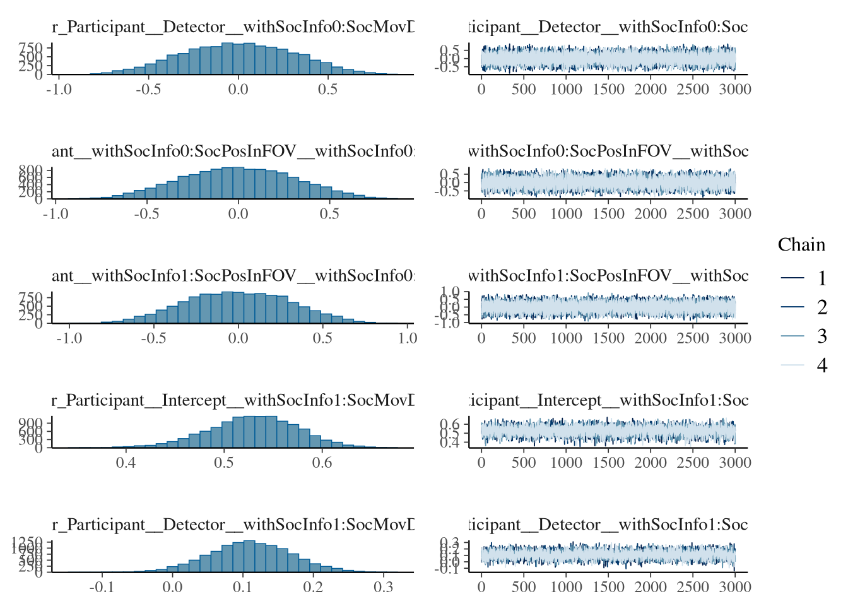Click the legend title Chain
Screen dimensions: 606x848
[801, 245]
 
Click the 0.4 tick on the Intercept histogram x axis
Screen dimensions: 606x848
[126, 463]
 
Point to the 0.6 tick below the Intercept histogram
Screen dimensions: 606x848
[322, 463]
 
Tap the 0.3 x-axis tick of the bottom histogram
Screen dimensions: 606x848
[383, 587]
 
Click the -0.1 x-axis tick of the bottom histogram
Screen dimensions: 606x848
[102, 587]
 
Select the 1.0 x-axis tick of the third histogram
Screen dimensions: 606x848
[408, 338]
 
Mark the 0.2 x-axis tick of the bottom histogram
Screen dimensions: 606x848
[313, 587]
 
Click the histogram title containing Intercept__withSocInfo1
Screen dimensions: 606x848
[233, 400]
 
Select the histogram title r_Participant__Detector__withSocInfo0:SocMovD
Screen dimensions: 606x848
[233, 27]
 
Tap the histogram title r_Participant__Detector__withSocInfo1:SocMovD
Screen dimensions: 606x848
[233, 525]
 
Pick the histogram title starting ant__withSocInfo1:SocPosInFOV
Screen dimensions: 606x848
[233, 276]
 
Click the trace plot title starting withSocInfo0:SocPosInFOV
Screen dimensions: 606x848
[608, 151]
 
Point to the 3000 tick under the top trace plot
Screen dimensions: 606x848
[735, 90]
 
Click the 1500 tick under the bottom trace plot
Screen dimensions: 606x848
[608, 587]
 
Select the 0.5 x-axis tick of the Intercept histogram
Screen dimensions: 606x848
[223, 463]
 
